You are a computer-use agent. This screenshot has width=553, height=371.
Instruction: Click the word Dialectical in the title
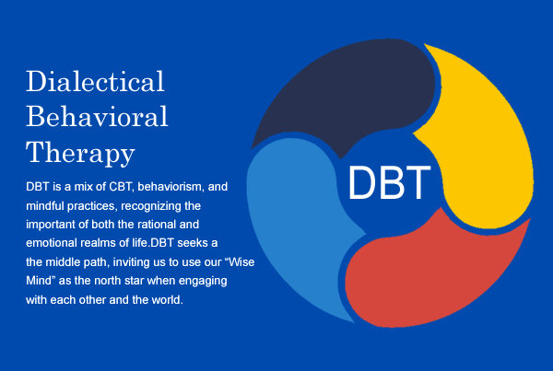click(95, 81)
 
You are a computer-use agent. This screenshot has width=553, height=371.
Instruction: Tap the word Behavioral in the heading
click(97, 116)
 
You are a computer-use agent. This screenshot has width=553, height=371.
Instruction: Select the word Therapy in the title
click(80, 153)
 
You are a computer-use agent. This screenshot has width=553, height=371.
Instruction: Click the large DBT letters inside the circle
click(389, 182)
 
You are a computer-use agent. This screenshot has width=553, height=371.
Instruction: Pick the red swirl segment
click(430, 275)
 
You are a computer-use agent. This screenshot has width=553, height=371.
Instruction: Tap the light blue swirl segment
click(296, 218)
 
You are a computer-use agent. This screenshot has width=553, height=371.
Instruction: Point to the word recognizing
click(151, 206)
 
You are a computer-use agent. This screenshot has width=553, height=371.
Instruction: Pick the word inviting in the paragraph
click(139, 262)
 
